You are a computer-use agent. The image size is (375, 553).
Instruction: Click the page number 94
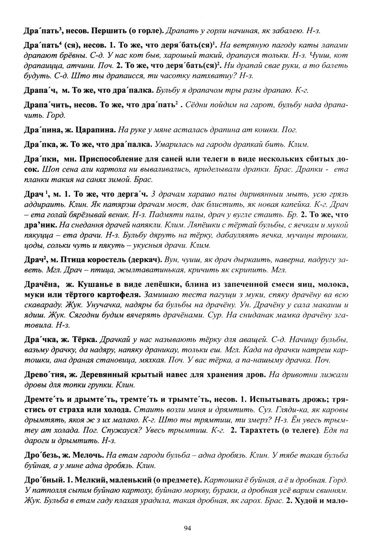(x=187, y=528)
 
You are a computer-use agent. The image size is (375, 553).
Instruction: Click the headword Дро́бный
(x=43, y=480)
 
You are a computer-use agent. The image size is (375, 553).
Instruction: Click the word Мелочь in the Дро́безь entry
(x=90, y=455)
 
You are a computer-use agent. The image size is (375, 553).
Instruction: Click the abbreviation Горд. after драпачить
(x=56, y=115)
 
